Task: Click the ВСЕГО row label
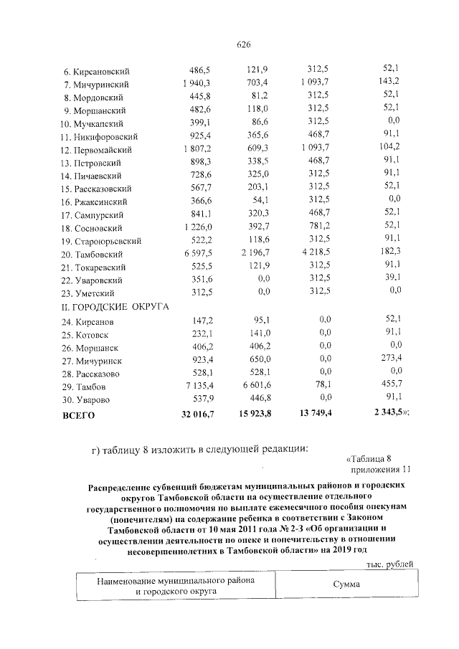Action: pos(79,414)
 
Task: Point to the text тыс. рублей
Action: pos(389,564)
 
